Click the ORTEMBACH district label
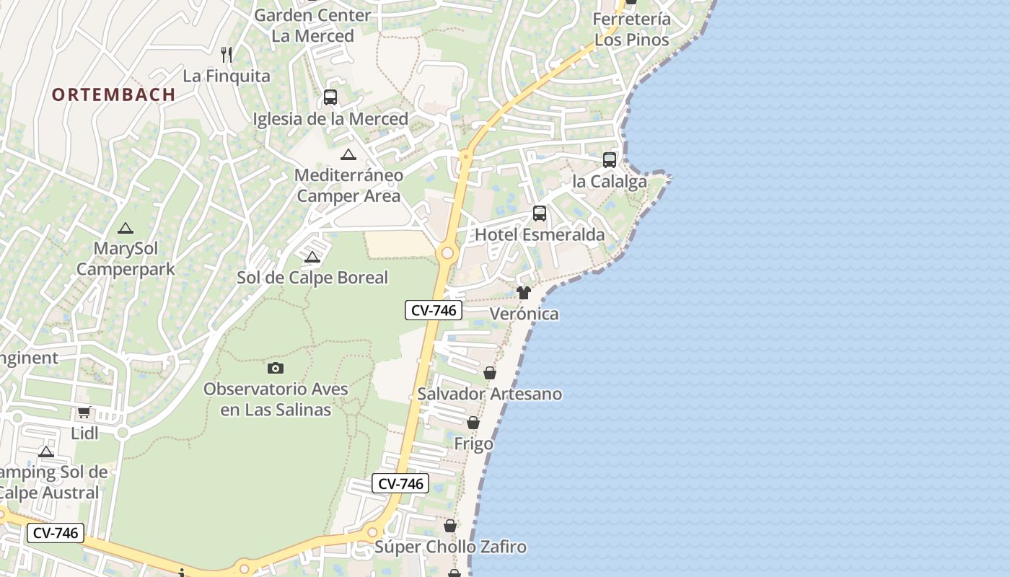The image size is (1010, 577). pyautogui.click(x=114, y=94)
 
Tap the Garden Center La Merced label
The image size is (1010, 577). pyautogui.click(x=312, y=25)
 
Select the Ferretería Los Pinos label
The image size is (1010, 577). pyautogui.click(x=632, y=30)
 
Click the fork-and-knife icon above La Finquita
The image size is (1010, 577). pyautogui.click(x=227, y=54)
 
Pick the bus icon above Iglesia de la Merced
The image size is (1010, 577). pyautogui.click(x=330, y=97)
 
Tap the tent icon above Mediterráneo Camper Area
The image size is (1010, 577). pyautogui.click(x=348, y=154)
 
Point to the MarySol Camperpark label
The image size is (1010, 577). pyautogui.click(x=126, y=259)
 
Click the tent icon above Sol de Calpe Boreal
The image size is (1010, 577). pyautogui.click(x=312, y=257)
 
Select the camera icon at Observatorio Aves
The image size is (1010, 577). pyautogui.click(x=276, y=369)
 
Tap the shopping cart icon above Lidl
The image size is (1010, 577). pyautogui.click(x=84, y=413)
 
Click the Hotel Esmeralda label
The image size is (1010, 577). pyautogui.click(x=540, y=235)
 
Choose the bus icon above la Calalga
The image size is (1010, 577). pyautogui.click(x=610, y=160)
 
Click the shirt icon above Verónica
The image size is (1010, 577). pyautogui.click(x=524, y=293)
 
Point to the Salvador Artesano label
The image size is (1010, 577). pyautogui.click(x=490, y=394)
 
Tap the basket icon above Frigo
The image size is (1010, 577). pyautogui.click(x=473, y=423)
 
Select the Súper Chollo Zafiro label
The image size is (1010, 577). pyautogui.click(x=450, y=547)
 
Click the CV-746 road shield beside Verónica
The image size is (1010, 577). pyautogui.click(x=433, y=310)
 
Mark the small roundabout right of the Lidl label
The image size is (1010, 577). pyautogui.click(x=122, y=433)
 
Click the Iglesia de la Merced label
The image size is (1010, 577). pyautogui.click(x=330, y=119)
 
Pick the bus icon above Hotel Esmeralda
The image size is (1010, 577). pyautogui.click(x=540, y=213)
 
